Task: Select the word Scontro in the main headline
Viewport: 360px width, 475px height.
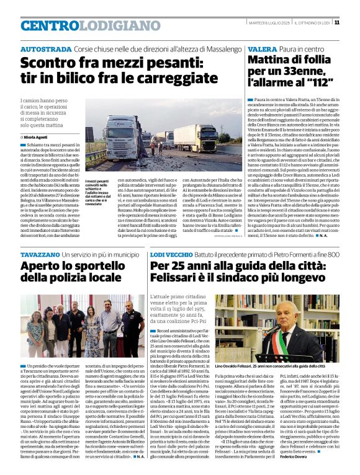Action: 50,63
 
